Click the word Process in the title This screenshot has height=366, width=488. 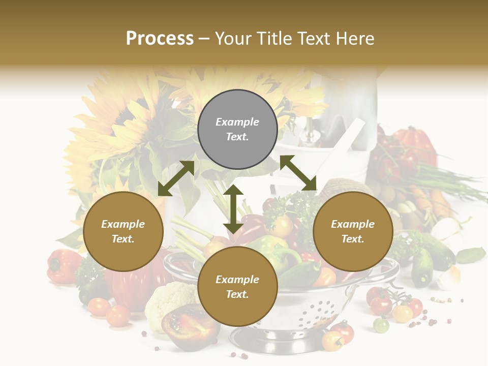pos(160,39)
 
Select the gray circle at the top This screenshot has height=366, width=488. pos(237,130)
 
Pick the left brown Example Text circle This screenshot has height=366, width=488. pos(123,231)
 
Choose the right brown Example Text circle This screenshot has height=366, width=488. pos(353,231)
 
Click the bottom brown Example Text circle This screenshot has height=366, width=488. pos(237,287)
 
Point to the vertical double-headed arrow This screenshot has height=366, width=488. pos(233,209)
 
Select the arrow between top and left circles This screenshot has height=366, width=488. pos(176,178)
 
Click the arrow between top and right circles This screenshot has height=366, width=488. pos(298,173)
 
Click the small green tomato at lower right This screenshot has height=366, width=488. pos(381,324)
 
